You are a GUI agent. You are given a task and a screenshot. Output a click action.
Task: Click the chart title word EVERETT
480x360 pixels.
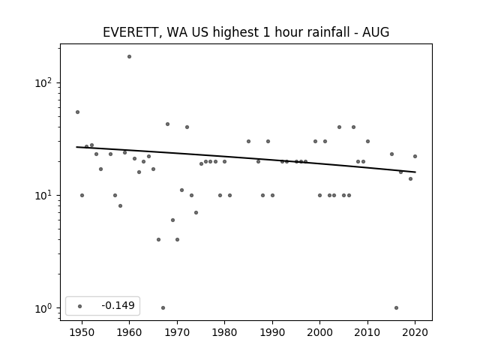[130, 32]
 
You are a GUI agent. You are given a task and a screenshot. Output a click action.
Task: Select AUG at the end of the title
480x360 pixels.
[376, 32]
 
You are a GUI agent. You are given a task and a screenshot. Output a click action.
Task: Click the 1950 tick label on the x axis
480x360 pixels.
[82, 332]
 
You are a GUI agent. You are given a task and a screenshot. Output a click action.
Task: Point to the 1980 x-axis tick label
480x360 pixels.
[224, 332]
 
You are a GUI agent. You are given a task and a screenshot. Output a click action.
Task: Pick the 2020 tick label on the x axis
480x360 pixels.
[415, 332]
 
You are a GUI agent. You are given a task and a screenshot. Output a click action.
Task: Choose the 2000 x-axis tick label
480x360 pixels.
[320, 332]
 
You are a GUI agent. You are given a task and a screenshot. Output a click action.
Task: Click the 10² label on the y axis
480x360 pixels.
[44, 83]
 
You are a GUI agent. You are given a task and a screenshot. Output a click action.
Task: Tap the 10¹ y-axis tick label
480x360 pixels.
[44, 195]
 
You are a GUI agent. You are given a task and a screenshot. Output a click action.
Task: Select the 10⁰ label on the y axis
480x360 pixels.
[44, 308]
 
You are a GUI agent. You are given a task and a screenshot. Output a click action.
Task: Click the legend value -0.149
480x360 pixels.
[118, 305]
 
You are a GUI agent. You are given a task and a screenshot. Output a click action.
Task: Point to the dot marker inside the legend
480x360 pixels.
[80, 306]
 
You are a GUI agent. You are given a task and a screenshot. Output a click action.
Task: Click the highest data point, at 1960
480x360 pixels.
[130, 57]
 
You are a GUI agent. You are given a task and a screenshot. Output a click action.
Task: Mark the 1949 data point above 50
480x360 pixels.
[77, 112]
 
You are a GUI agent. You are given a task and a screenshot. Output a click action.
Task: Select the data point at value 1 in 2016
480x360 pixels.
[397, 308]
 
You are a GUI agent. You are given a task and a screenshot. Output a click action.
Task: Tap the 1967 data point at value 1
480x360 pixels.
[163, 308]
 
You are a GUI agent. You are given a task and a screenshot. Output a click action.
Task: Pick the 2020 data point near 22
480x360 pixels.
[415, 157]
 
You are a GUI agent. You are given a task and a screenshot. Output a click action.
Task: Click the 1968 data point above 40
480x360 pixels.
[167, 124]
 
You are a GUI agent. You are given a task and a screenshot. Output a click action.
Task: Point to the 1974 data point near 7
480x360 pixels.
[196, 212]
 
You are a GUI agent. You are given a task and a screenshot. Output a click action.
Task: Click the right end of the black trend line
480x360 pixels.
[415, 172]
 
